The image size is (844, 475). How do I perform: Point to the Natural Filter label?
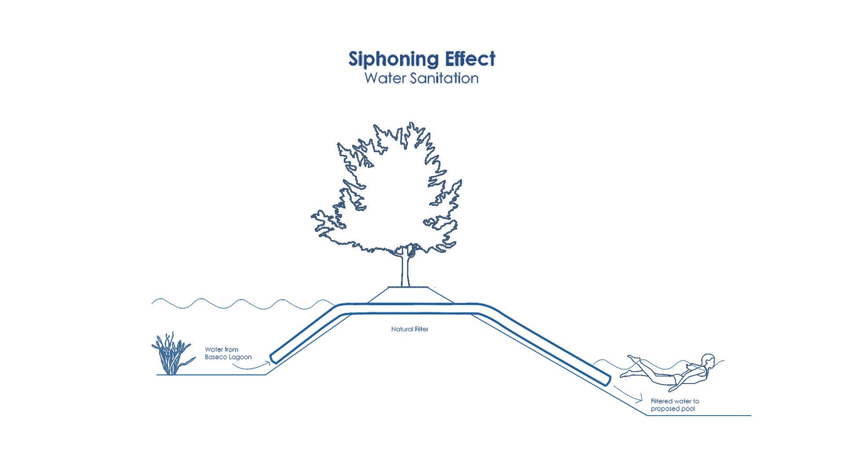410,329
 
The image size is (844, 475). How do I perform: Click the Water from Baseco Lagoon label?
228,353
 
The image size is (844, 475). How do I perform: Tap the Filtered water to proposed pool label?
675,405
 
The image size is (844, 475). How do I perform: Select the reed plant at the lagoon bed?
171,355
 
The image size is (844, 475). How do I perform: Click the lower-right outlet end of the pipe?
607,380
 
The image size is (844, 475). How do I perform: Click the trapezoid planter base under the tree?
411,295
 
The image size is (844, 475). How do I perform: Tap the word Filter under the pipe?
421,329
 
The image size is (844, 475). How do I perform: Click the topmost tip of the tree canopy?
412,123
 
